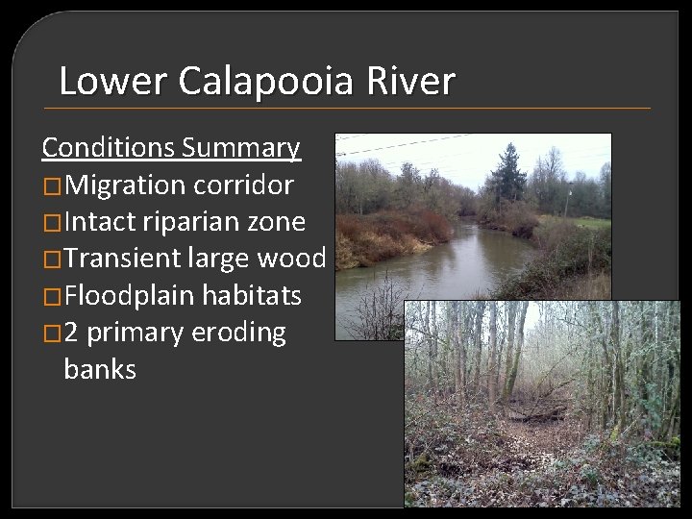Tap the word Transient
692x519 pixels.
[129, 259]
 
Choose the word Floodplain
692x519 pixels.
[140, 295]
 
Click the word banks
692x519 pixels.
[100, 369]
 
